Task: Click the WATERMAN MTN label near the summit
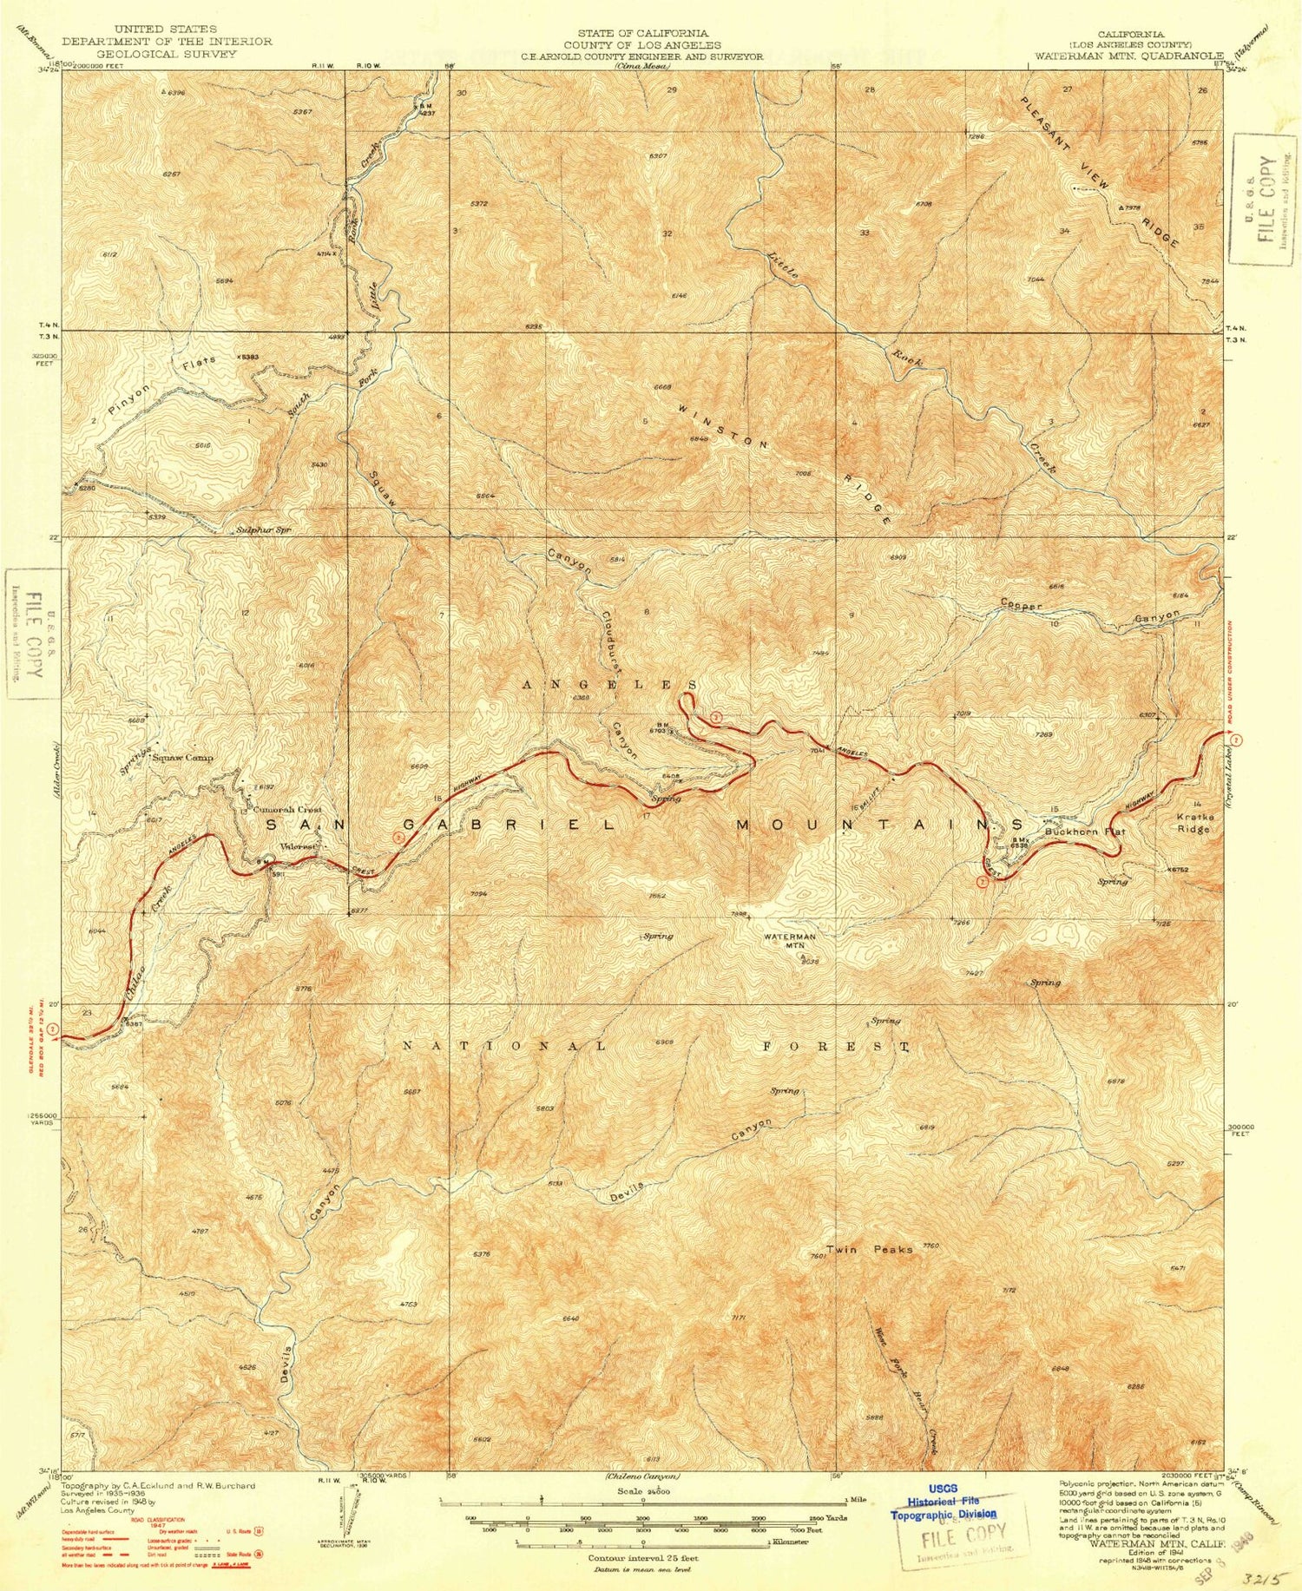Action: pyautogui.click(x=789, y=941)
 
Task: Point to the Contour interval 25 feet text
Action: pyautogui.click(x=643, y=1558)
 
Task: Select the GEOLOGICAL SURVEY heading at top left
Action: pyautogui.click(x=167, y=53)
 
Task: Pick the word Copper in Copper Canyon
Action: pyautogui.click(x=1021, y=604)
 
